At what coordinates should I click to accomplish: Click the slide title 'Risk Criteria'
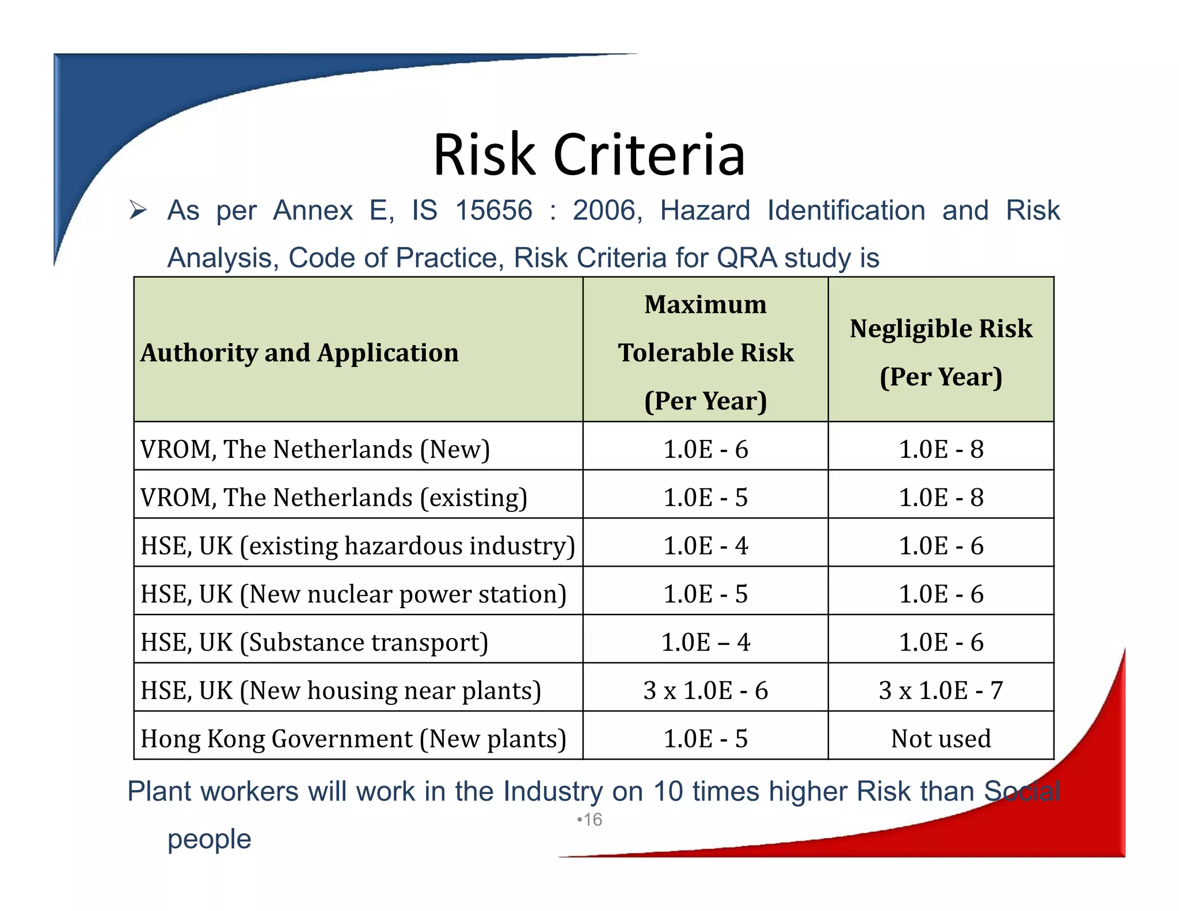[x=589, y=154]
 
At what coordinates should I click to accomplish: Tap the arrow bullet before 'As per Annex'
[x=138, y=210]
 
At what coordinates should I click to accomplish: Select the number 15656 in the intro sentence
[x=494, y=210]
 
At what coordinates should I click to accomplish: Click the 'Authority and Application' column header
[x=299, y=352]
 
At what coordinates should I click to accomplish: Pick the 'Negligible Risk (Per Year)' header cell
[x=941, y=352]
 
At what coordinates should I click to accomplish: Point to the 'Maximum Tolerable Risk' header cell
[x=705, y=352]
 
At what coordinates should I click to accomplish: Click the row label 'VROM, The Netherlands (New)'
[x=315, y=449]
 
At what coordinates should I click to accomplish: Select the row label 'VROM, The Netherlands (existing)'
[x=334, y=498]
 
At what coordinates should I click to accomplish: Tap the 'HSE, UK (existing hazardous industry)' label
[x=357, y=546]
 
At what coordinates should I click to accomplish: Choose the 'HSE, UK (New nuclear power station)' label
[x=353, y=594]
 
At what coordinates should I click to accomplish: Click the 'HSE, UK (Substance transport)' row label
[x=314, y=643]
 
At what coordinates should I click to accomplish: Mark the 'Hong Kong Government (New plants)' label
[x=353, y=739]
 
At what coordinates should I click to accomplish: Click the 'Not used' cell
[x=941, y=739]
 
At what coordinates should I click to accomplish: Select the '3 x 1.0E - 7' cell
[x=941, y=690]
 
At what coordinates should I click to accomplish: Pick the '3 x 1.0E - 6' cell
[x=705, y=690]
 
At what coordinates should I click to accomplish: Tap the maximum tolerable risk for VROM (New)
[x=705, y=449]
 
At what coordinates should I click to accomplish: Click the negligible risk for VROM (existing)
[x=941, y=498]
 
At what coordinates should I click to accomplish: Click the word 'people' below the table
[x=210, y=839]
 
